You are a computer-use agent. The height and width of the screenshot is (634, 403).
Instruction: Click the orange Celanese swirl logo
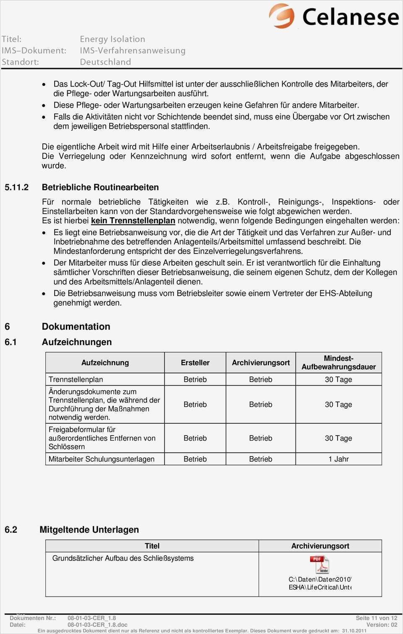point(282,16)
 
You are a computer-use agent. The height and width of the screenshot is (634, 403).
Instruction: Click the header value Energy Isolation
point(113,39)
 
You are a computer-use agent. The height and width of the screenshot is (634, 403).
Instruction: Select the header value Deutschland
point(105,62)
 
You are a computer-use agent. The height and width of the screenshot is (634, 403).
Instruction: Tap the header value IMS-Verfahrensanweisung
point(133,50)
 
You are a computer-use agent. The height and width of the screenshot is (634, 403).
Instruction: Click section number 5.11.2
point(17,187)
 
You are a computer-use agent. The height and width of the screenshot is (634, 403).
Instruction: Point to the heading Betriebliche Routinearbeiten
point(100,187)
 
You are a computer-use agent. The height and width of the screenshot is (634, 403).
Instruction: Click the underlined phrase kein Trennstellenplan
point(133,221)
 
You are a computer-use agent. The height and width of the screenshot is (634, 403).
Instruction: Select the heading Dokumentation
point(76,327)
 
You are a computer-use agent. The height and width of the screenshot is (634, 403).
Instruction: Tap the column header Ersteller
point(195,362)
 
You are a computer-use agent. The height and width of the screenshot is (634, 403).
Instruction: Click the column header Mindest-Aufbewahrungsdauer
point(338,362)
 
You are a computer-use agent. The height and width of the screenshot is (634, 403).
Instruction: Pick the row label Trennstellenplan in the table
point(76,379)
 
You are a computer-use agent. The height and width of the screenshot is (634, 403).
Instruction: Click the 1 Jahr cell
point(338,459)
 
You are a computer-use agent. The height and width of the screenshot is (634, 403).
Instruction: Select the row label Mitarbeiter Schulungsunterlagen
point(102,459)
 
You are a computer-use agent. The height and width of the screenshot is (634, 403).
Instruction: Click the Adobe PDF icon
point(319,564)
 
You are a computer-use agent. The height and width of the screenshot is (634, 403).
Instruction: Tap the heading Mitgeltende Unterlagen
point(89,530)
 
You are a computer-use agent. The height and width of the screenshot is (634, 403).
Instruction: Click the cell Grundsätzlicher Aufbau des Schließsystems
point(123,558)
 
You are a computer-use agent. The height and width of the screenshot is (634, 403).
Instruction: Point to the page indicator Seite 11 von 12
point(376,618)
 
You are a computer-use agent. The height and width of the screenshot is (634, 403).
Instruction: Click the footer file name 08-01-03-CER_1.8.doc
point(97,625)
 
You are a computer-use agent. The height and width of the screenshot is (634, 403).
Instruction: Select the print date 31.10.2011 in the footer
point(354,631)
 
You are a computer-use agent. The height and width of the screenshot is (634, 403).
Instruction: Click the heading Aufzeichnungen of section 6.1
point(77,342)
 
